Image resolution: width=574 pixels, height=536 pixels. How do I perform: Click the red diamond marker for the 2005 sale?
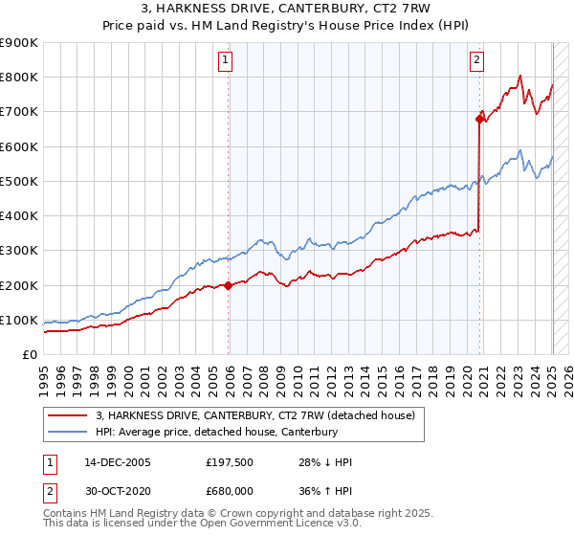[229, 285]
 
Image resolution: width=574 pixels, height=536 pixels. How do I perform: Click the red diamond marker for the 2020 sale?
[480, 119]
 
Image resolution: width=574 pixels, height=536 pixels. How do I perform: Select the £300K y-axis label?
[19, 251]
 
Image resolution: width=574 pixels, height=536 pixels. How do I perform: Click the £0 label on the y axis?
[30, 355]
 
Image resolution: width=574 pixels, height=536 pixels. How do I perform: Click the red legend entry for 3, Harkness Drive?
[254, 416]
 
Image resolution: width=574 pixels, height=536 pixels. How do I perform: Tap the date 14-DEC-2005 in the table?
[117, 462]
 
